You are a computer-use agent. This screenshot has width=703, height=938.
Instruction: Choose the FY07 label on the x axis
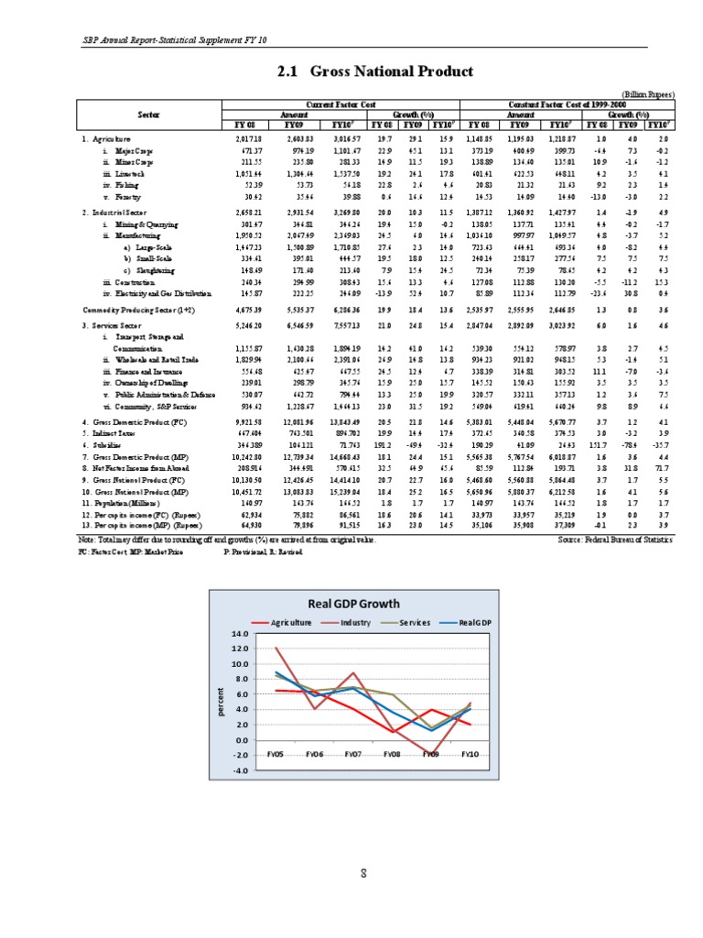353,754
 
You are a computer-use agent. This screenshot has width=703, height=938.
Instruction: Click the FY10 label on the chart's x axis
469,754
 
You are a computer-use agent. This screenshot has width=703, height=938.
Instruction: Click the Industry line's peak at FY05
276,649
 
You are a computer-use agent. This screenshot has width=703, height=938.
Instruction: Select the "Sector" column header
149,114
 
